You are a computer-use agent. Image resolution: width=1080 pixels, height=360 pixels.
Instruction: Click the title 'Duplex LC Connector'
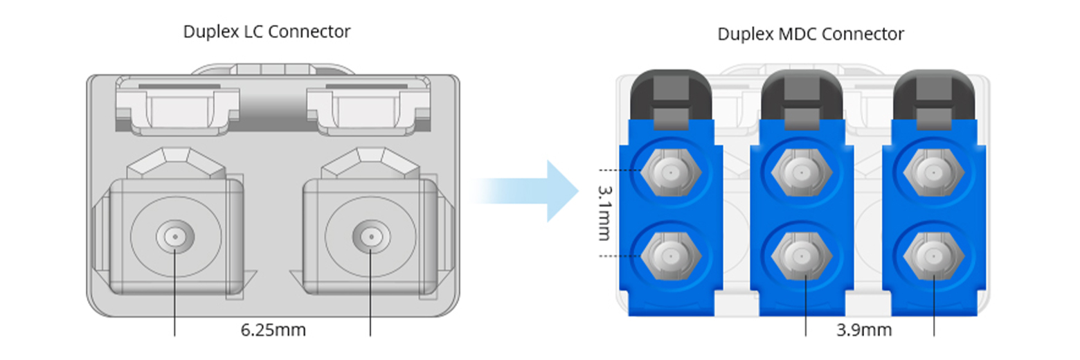[267, 32]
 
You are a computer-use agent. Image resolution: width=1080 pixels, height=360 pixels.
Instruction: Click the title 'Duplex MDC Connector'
[811, 34]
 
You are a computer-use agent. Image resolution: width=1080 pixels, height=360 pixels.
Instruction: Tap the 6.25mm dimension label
[273, 330]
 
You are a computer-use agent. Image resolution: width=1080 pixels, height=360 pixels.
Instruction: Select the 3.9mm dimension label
[864, 330]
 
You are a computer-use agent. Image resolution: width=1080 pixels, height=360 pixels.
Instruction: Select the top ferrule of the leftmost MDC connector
[670, 170]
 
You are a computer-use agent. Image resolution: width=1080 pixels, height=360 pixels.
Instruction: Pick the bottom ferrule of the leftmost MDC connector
[670, 256]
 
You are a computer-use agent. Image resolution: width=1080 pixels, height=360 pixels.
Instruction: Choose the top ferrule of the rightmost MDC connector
[934, 170]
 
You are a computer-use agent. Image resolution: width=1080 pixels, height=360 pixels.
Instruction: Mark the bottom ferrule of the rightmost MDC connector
[934, 256]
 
